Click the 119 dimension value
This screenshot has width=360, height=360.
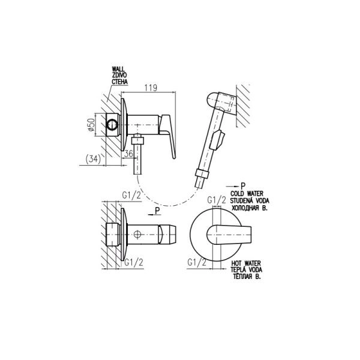coord(151,88)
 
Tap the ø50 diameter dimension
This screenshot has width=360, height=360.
coord(91,125)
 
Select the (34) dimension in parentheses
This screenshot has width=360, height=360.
coord(93,160)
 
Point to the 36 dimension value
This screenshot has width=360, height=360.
coord(128,154)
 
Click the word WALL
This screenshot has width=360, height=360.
coord(118,69)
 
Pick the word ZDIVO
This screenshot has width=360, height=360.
coord(119,75)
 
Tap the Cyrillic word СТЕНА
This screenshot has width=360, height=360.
coord(119,81)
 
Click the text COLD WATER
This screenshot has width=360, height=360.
coord(247,194)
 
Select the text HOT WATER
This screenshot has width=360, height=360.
coord(246,263)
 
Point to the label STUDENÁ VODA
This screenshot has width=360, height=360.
coord(250,200)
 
